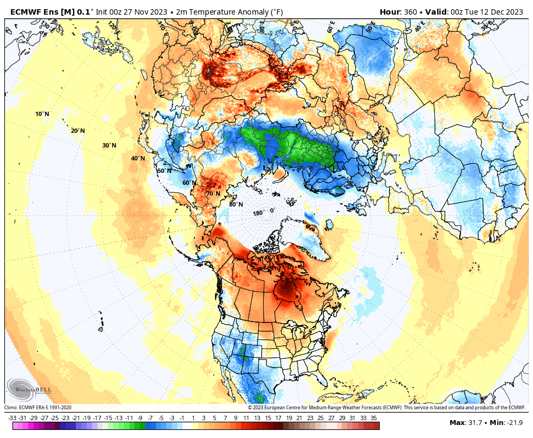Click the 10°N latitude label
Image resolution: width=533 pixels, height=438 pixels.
click(42, 114)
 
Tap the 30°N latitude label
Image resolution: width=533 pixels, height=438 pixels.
click(109, 145)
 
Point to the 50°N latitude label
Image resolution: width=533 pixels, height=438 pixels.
click(164, 171)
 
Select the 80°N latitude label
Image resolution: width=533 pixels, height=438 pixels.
click(236, 204)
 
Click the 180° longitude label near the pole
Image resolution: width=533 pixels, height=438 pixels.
click(259, 213)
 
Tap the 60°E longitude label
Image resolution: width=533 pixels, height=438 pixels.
click(330, 28)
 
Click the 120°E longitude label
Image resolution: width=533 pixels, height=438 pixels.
click(113, 26)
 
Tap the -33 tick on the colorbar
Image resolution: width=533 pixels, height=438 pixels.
click(12, 418)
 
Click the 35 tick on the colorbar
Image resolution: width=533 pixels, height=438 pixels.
click(373, 418)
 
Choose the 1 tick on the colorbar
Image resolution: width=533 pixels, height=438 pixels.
click(193, 418)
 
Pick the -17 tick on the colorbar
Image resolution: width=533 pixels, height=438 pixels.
click(97, 418)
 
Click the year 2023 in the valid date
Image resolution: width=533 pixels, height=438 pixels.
click(513, 12)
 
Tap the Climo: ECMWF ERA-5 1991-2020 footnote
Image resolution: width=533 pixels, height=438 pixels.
click(38, 408)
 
